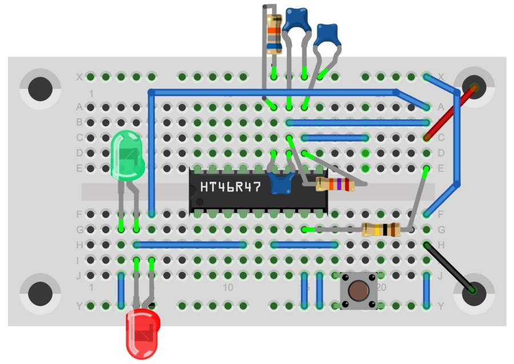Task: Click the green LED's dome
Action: [x=127, y=154]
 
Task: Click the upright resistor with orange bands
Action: [x=273, y=34]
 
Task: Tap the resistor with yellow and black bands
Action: [x=381, y=230]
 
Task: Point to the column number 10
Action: [x=228, y=287]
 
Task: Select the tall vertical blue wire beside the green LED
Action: [x=151, y=151]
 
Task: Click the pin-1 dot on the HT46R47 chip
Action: [x=200, y=202]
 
